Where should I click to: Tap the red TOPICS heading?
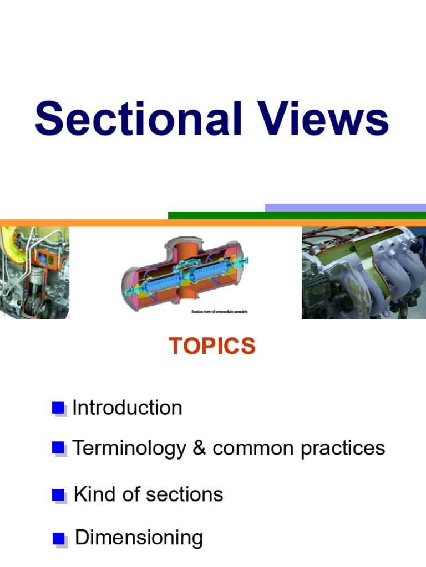212,346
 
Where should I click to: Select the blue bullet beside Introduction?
58,408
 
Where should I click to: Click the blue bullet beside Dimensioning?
59,538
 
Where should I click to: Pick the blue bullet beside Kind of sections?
58,495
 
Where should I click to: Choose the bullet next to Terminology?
58,448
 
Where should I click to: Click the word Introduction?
127,408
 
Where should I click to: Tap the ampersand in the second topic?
199,448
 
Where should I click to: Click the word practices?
343,448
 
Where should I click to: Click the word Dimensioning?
139,538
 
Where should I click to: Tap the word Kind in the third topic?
94,494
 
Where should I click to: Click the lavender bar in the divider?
345,208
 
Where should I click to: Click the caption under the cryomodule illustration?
220,312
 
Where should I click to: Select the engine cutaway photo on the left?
34,272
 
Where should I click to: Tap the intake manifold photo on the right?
363,272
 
